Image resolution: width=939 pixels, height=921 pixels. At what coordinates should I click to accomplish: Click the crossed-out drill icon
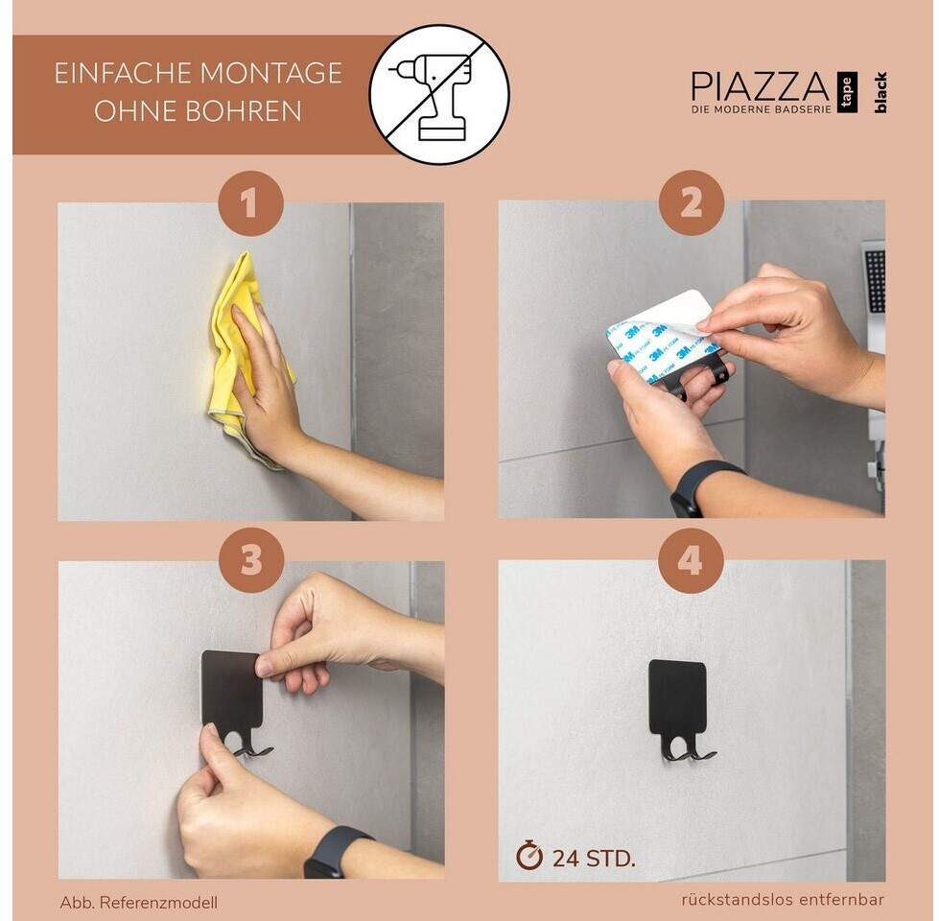[x=439, y=95]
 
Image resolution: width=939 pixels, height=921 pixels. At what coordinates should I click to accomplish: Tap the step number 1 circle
[x=250, y=203]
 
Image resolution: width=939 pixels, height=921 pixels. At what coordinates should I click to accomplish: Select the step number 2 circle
[x=692, y=202]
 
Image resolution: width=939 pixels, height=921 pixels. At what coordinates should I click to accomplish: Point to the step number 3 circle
[x=251, y=560]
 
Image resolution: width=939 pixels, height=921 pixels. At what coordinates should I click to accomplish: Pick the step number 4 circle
[x=691, y=561]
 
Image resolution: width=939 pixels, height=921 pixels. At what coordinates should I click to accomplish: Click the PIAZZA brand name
[x=760, y=87]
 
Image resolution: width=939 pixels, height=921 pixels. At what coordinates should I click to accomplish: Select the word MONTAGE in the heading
[x=270, y=73]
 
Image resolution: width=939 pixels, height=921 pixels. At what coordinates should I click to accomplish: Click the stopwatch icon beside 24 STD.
[x=528, y=856]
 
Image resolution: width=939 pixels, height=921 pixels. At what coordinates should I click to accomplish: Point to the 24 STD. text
[x=593, y=859]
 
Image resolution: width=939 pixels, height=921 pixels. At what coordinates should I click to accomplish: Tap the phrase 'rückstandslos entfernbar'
[x=783, y=900]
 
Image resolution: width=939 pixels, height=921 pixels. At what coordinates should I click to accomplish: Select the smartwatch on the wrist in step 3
[x=331, y=853]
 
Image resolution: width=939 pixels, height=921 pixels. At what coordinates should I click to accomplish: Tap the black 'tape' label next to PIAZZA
[x=847, y=92]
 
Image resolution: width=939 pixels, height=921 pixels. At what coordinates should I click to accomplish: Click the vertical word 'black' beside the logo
[x=880, y=93]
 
